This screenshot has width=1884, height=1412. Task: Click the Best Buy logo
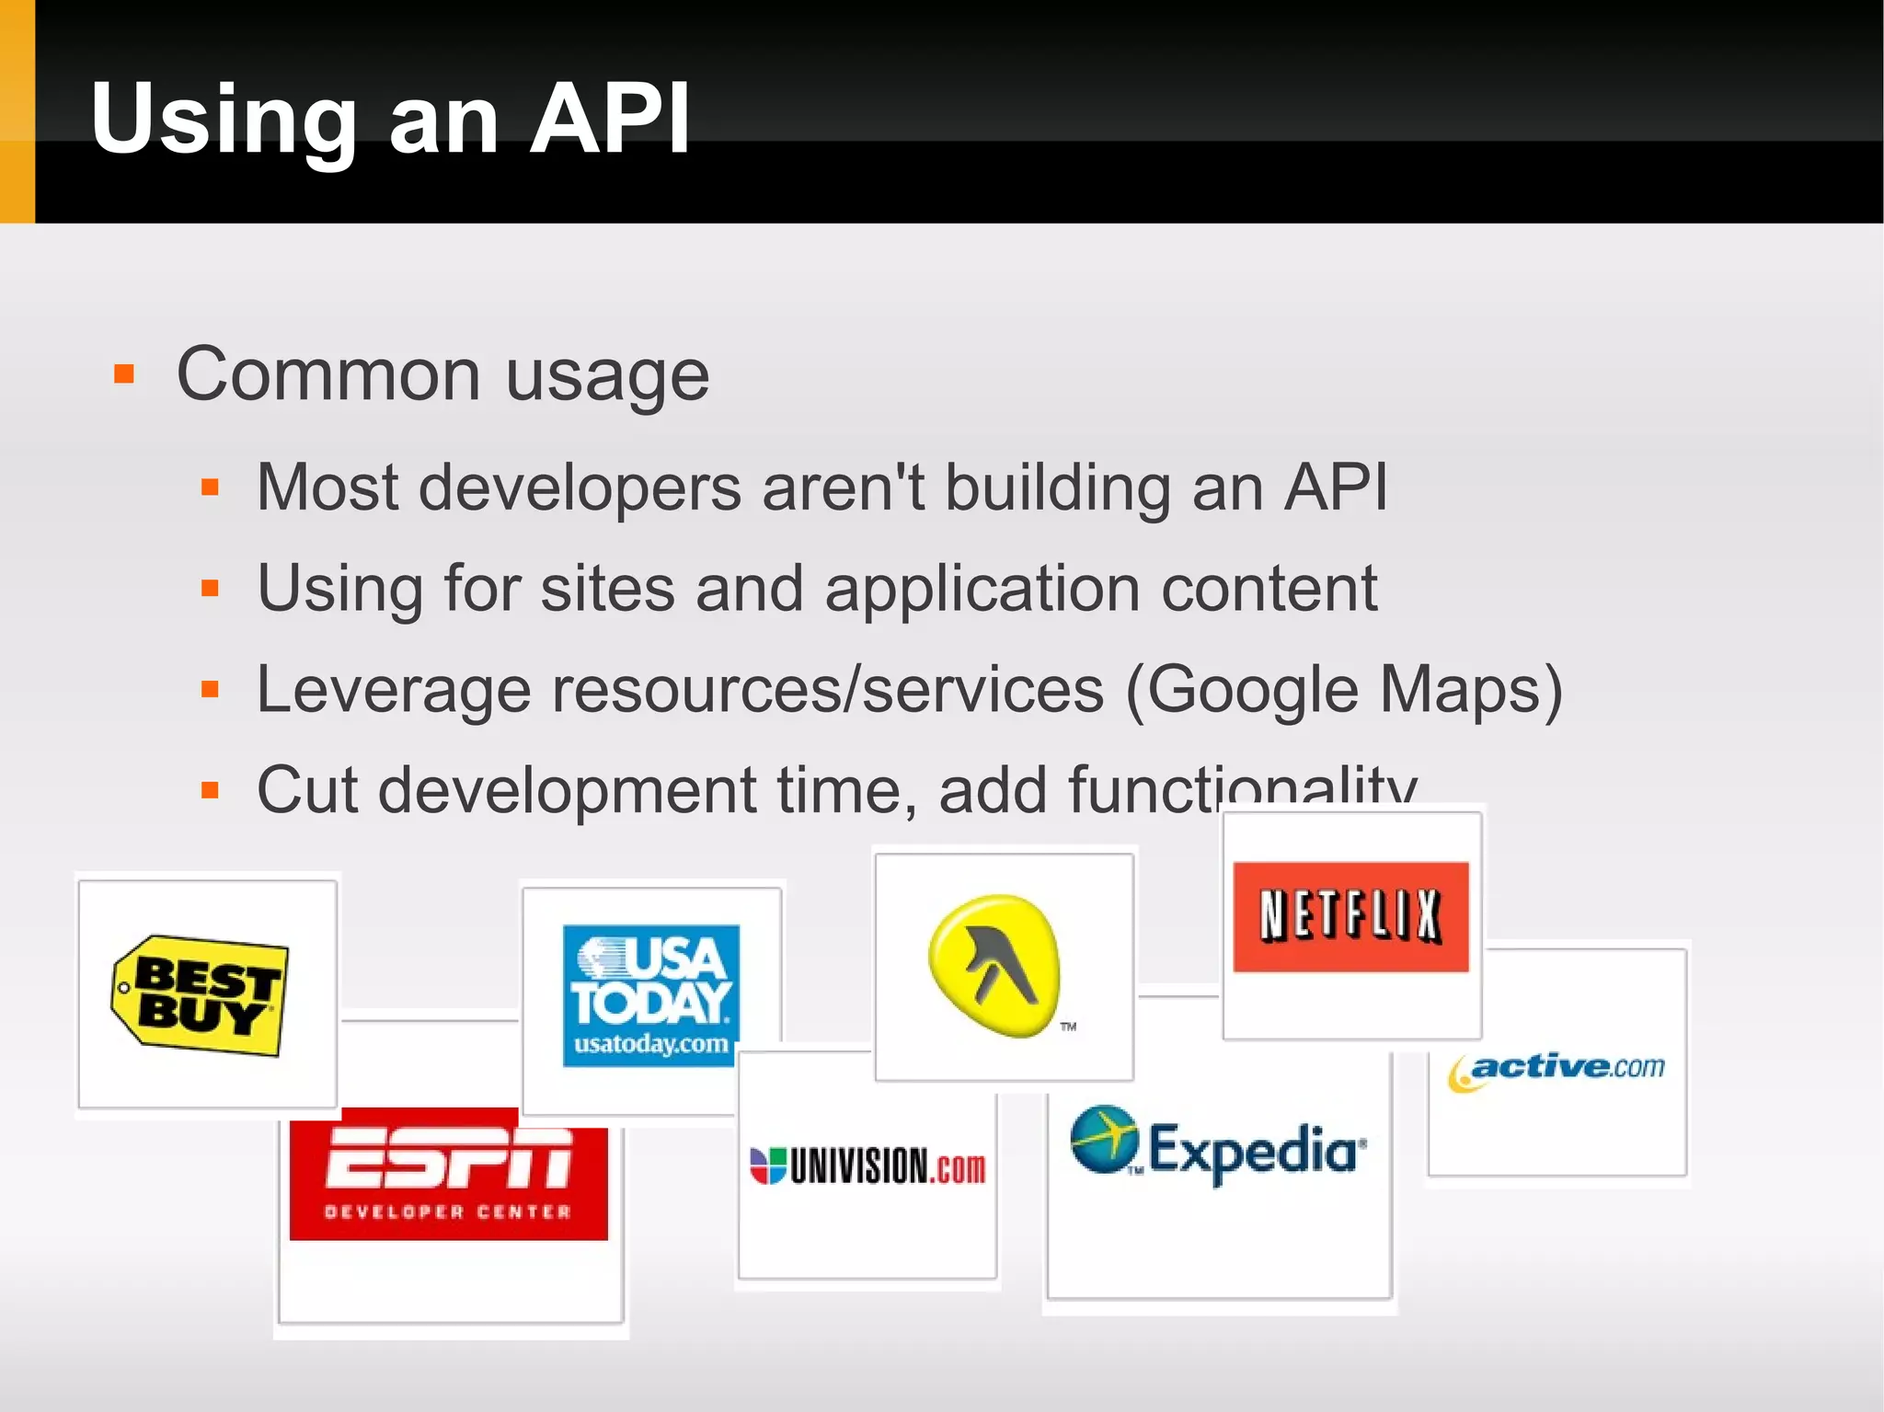click(199, 995)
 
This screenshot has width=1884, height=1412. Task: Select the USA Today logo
click(650, 994)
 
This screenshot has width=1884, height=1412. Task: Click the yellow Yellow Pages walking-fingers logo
click(995, 966)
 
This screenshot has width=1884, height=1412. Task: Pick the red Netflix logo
click(1350, 916)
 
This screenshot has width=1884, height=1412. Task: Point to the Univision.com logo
click(867, 1166)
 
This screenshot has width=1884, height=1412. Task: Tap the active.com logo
click(1557, 1070)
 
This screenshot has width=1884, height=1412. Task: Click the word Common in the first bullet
click(328, 375)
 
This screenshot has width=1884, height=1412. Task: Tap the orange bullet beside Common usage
click(124, 374)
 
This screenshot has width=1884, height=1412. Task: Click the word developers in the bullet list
click(580, 488)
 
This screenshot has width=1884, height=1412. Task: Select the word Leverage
click(393, 690)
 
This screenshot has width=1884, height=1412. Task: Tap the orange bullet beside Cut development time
click(210, 789)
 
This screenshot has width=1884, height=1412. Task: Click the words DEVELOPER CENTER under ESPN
click(448, 1211)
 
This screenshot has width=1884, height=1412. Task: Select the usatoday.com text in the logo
click(650, 1045)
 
